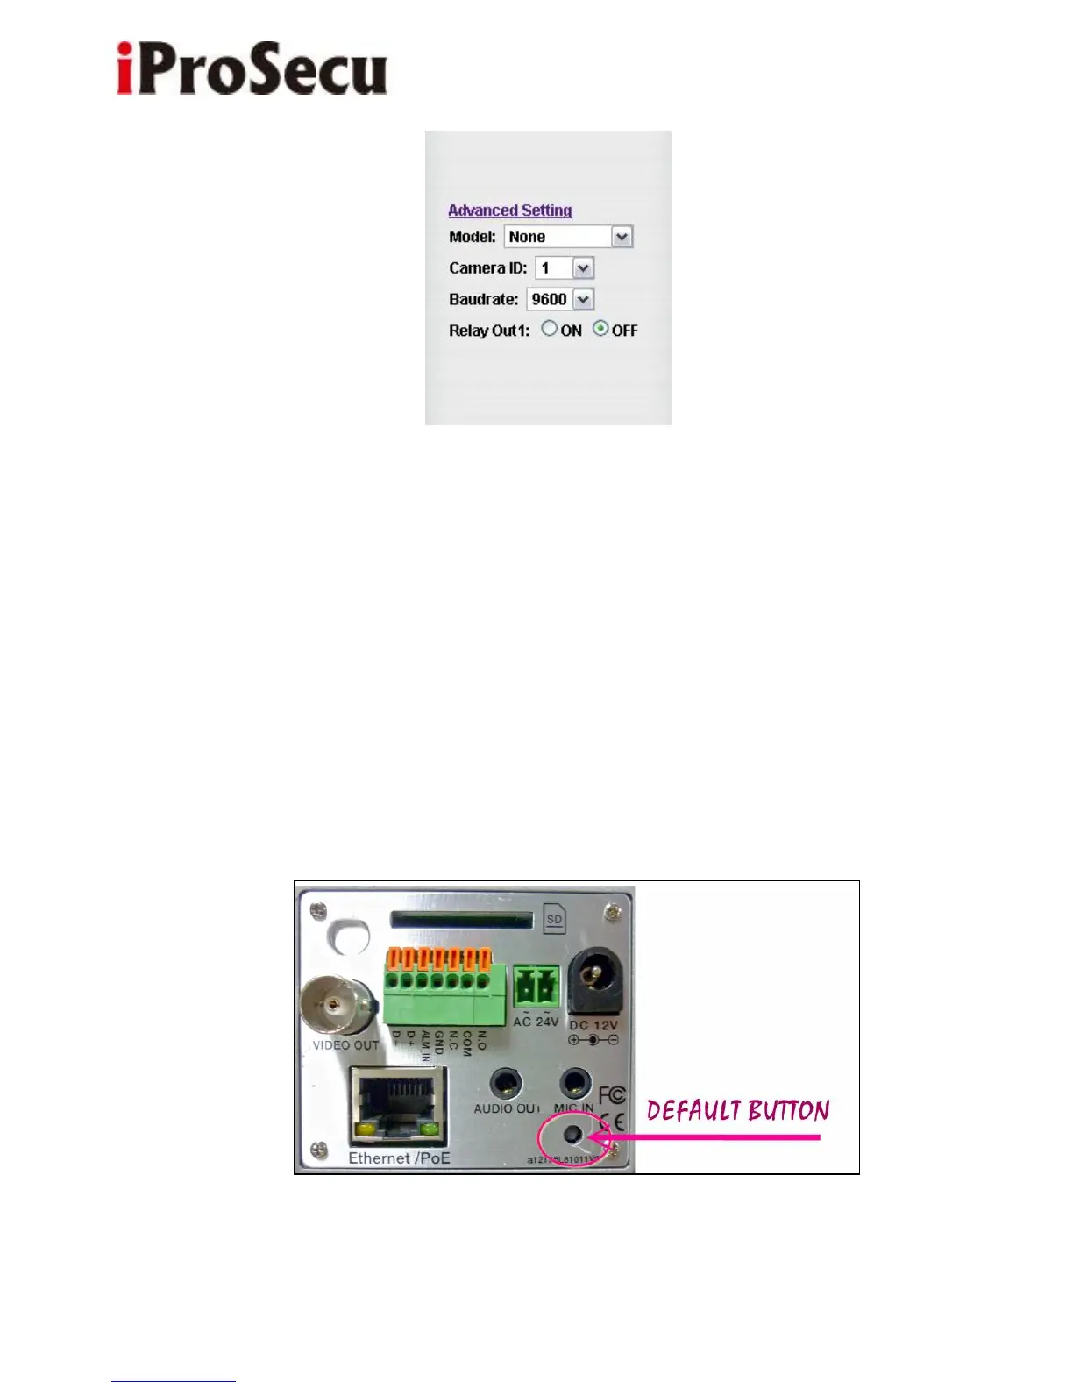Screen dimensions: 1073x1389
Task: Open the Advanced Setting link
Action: point(509,210)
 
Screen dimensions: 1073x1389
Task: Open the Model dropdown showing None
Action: point(568,237)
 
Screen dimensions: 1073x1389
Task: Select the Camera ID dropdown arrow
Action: point(583,268)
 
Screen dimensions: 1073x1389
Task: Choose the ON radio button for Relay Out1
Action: point(550,329)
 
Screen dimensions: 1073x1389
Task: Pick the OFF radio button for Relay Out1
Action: point(600,329)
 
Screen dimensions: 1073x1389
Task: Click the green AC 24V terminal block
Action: point(536,988)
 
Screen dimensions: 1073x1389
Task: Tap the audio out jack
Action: point(504,1085)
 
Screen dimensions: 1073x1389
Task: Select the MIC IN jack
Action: point(574,1085)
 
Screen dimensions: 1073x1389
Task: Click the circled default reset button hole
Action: point(572,1135)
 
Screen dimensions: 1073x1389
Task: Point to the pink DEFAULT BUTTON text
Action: point(738,1111)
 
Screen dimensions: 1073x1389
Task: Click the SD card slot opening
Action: point(461,920)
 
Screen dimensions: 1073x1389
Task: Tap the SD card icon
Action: point(554,919)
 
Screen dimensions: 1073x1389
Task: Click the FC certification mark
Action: point(612,1095)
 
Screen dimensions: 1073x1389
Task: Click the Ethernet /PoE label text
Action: point(399,1158)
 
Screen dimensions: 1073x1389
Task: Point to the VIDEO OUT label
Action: point(346,1045)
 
